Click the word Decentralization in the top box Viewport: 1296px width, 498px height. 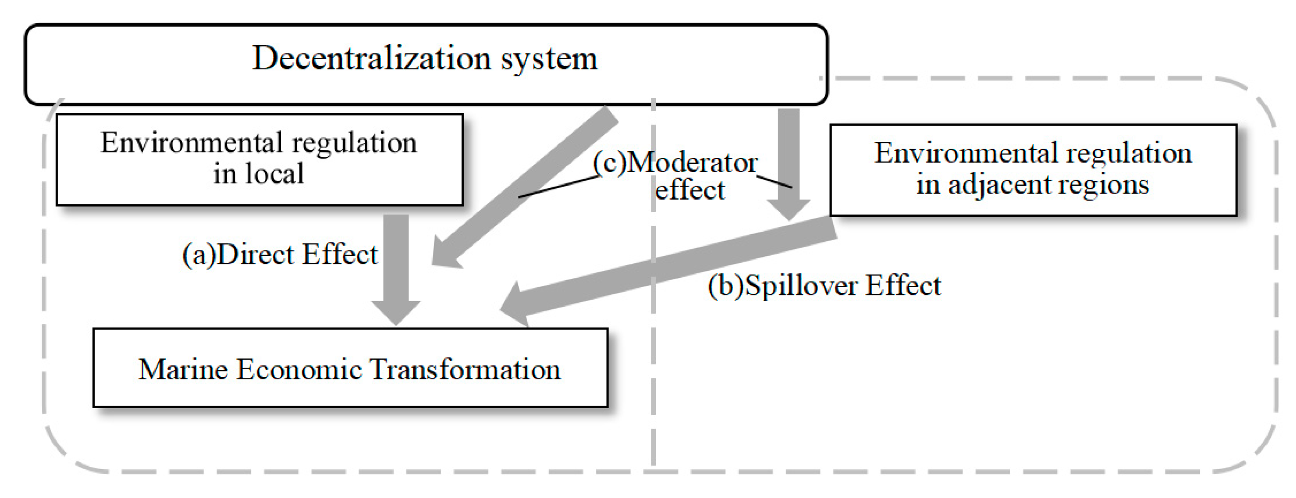click(371, 59)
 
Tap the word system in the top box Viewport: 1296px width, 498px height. click(549, 60)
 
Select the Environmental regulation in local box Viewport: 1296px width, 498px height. click(259, 159)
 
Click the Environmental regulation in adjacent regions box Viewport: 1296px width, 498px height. click(1033, 170)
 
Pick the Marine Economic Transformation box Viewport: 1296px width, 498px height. click(350, 368)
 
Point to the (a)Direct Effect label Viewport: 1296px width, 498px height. click(279, 254)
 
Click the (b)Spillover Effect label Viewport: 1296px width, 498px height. click(824, 285)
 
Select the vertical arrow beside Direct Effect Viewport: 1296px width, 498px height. click(396, 267)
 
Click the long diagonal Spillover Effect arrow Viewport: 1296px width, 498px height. click(669, 269)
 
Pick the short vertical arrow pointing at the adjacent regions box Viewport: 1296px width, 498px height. click(788, 161)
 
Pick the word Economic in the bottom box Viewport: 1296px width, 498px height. click(299, 369)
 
